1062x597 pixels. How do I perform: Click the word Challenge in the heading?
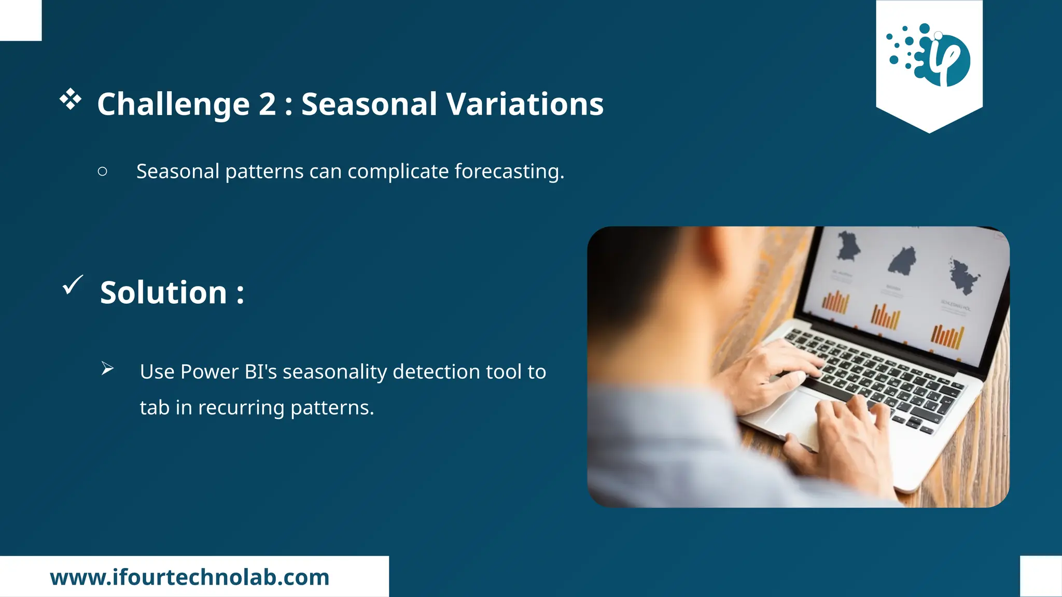point(173,104)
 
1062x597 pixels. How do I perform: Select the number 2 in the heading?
point(267,104)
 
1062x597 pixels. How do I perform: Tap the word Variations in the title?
point(525,104)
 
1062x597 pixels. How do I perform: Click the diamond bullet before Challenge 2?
point(71,99)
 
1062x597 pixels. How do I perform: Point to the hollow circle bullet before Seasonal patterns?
point(103,172)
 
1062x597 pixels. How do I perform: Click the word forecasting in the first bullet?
point(509,172)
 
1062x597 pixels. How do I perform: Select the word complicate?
point(398,172)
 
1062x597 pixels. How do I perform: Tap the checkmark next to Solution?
point(73,285)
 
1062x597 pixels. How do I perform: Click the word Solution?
point(163,293)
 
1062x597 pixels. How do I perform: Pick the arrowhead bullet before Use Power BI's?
point(107,368)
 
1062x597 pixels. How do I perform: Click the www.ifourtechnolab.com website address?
point(190,577)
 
